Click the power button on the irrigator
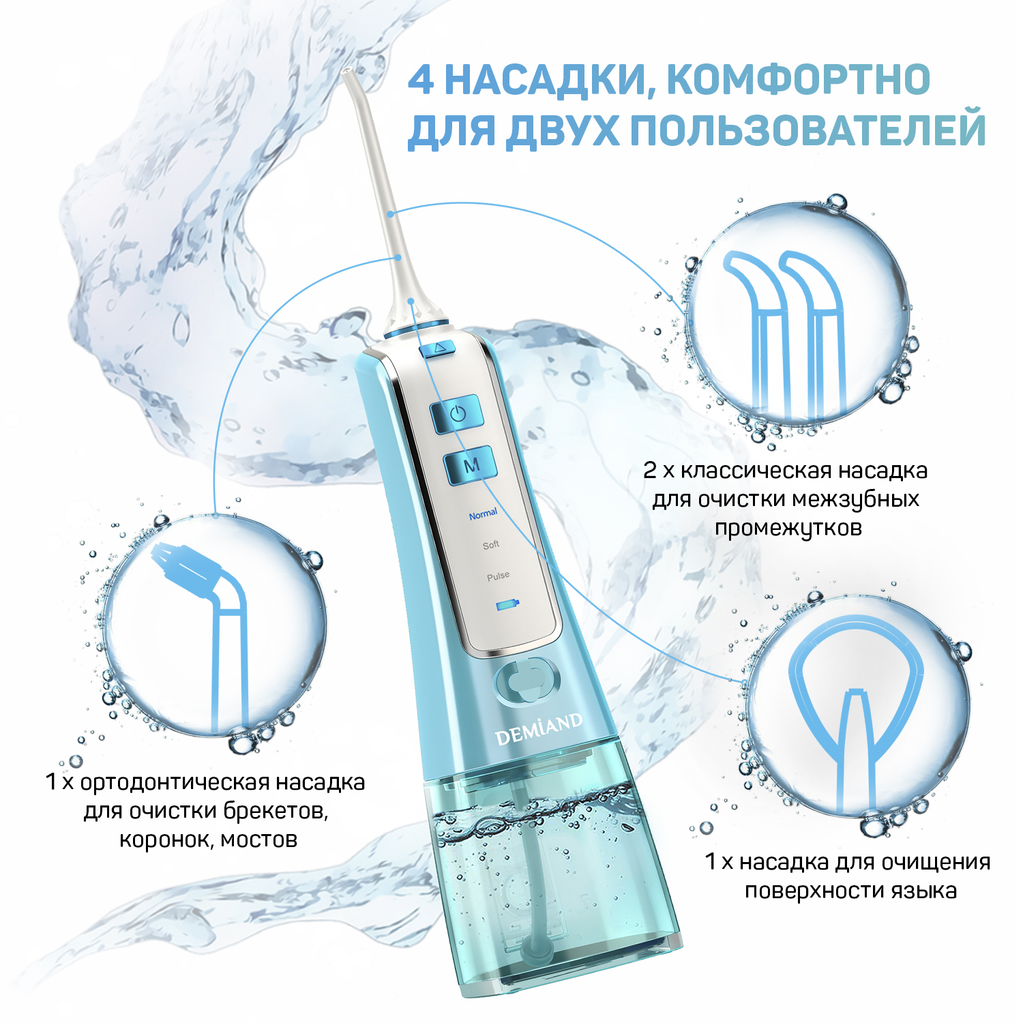pyautogui.click(x=457, y=413)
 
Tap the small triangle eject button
pyautogui.click(x=438, y=349)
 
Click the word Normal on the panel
pyautogui.click(x=483, y=514)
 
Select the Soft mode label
pyautogui.click(x=491, y=545)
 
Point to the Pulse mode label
pyautogui.click(x=498, y=576)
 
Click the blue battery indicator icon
pyautogui.click(x=507, y=604)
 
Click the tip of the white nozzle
pyautogui.click(x=346, y=71)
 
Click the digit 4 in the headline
pyautogui.click(x=421, y=80)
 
